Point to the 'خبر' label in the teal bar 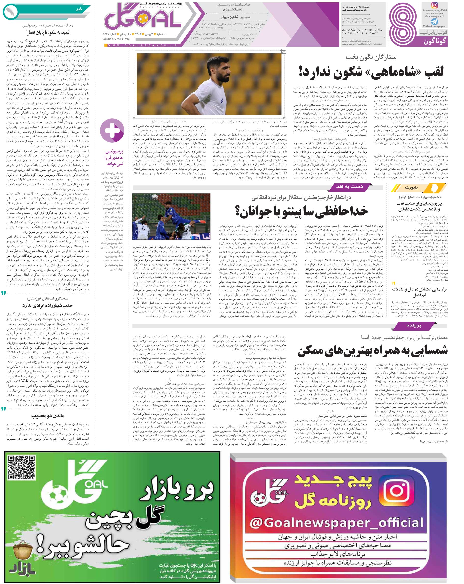tap(79, 9)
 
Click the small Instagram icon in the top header tap(434, 5)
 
